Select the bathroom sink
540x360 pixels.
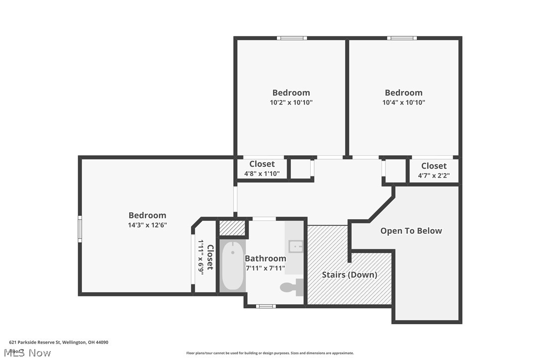[x=295, y=246]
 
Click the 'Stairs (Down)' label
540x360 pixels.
[x=349, y=274]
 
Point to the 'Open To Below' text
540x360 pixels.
[x=411, y=231]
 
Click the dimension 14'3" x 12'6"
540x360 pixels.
[x=147, y=225]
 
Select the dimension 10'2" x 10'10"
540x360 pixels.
[x=291, y=102]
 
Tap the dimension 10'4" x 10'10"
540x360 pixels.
[x=403, y=102]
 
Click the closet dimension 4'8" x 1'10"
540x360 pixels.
[x=262, y=174]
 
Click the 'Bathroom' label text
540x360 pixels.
[x=265, y=259]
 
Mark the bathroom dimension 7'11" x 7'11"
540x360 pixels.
[x=265, y=268]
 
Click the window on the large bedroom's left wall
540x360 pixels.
[x=80, y=229]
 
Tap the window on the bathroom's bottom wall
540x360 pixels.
[x=266, y=306]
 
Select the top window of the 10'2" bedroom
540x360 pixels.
[x=292, y=38]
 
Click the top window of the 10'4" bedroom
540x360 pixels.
[x=402, y=38]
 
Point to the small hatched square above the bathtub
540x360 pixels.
[x=232, y=228]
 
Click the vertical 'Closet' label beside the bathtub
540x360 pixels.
[x=210, y=257]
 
